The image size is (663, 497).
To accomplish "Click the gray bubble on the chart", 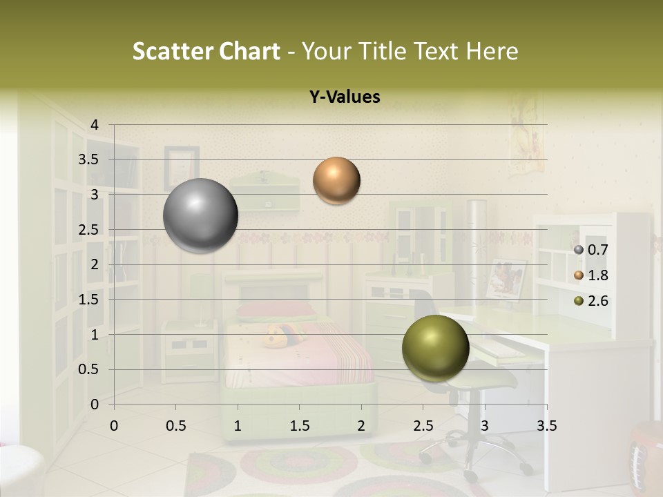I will click(x=201, y=215).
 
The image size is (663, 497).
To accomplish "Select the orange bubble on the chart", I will click(x=336, y=180).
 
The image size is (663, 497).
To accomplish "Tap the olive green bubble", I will click(x=435, y=349).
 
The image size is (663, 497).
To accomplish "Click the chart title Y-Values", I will click(x=345, y=97).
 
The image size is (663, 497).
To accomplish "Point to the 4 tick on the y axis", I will click(x=95, y=125).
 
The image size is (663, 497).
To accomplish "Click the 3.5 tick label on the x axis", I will click(x=546, y=426).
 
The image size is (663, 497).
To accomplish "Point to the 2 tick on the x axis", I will click(x=361, y=426).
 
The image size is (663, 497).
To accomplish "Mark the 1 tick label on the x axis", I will click(x=238, y=426).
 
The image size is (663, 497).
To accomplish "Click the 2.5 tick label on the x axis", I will click(x=423, y=426).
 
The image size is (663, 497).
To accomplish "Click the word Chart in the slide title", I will click(x=250, y=51).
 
